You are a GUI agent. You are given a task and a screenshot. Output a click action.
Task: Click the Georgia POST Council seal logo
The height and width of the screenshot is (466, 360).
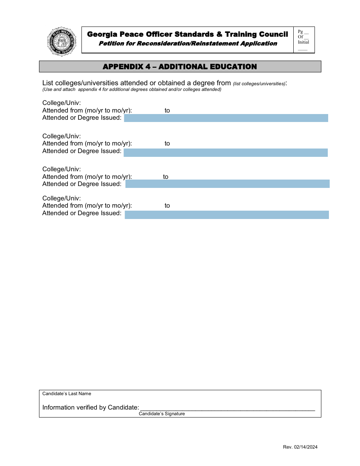pyautogui.click(x=62, y=42)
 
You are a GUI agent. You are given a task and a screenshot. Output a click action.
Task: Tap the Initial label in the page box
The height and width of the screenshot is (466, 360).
pyautogui.click(x=304, y=42)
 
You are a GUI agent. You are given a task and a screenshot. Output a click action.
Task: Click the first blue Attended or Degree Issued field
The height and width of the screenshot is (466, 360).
pyautogui.click(x=226, y=118)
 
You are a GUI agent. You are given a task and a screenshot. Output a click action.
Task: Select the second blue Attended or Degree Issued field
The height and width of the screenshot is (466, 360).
pyautogui.click(x=225, y=153)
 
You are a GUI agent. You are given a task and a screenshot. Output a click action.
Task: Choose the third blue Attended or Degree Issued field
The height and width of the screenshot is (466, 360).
pyautogui.click(x=227, y=184)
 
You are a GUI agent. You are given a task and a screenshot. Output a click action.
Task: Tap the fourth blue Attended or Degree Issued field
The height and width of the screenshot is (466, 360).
pyautogui.click(x=227, y=215)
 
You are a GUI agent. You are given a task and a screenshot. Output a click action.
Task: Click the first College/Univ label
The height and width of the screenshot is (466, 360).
pyautogui.click(x=61, y=103)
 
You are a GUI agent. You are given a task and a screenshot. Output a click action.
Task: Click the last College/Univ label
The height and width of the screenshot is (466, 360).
pyautogui.click(x=61, y=198)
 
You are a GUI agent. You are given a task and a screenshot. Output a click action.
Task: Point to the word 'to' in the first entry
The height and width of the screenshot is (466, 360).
pyautogui.click(x=167, y=111)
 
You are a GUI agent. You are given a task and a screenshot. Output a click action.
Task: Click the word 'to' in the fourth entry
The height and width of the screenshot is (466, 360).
pyautogui.click(x=167, y=206)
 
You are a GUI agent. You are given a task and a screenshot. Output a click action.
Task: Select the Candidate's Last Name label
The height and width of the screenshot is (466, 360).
pyautogui.click(x=67, y=394)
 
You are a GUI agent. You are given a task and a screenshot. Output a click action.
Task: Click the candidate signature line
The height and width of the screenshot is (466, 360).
pyautogui.click(x=227, y=410)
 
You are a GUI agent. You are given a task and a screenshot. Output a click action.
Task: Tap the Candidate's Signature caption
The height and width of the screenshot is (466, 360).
pyautogui.click(x=162, y=414)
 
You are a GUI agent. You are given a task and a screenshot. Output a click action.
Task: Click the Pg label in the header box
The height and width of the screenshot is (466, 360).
pyautogui.click(x=301, y=32)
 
